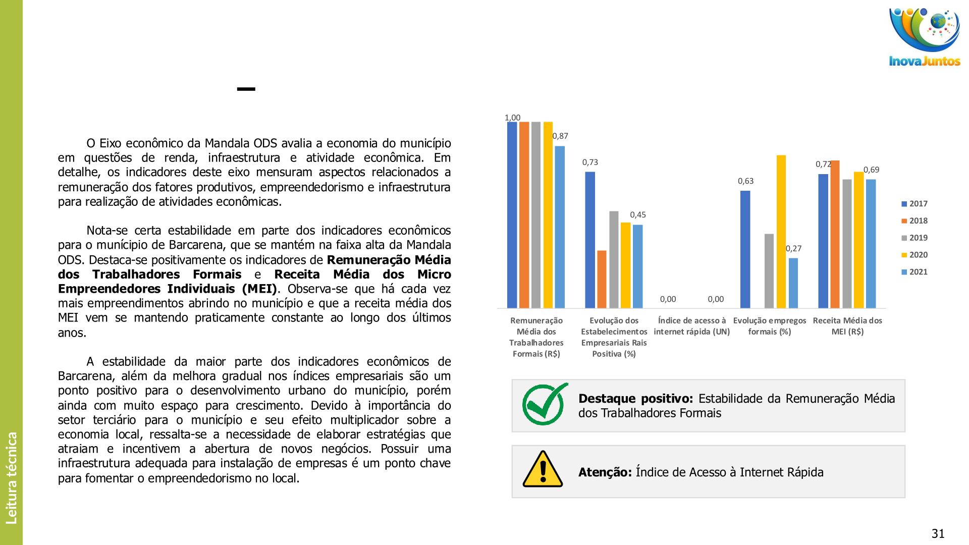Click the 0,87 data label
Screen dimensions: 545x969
click(560, 136)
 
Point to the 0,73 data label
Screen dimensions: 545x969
click(590, 162)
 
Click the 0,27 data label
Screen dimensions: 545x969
click(793, 248)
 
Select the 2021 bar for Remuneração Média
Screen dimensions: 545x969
click(560, 227)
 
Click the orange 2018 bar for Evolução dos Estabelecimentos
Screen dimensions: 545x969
click(602, 279)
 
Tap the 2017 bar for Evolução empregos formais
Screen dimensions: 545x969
click(745, 249)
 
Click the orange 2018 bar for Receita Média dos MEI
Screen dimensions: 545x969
click(835, 234)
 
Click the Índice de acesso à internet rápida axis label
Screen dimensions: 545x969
click(692, 326)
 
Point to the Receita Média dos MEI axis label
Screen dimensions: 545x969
click(847, 326)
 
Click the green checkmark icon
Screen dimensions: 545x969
click(544, 405)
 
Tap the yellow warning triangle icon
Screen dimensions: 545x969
click(543, 470)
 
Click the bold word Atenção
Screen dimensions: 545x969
click(605, 472)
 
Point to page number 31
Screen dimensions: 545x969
click(938, 533)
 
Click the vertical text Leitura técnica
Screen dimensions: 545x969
click(12, 477)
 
